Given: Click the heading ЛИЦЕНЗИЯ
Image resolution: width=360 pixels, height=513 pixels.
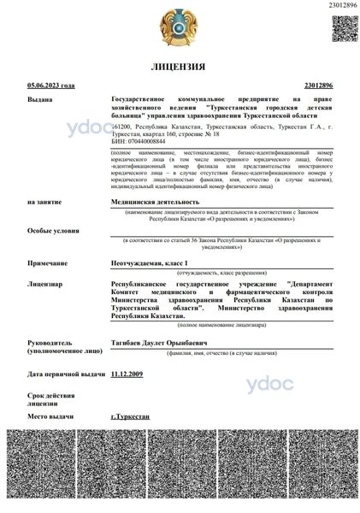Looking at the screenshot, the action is click(x=178, y=66).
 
